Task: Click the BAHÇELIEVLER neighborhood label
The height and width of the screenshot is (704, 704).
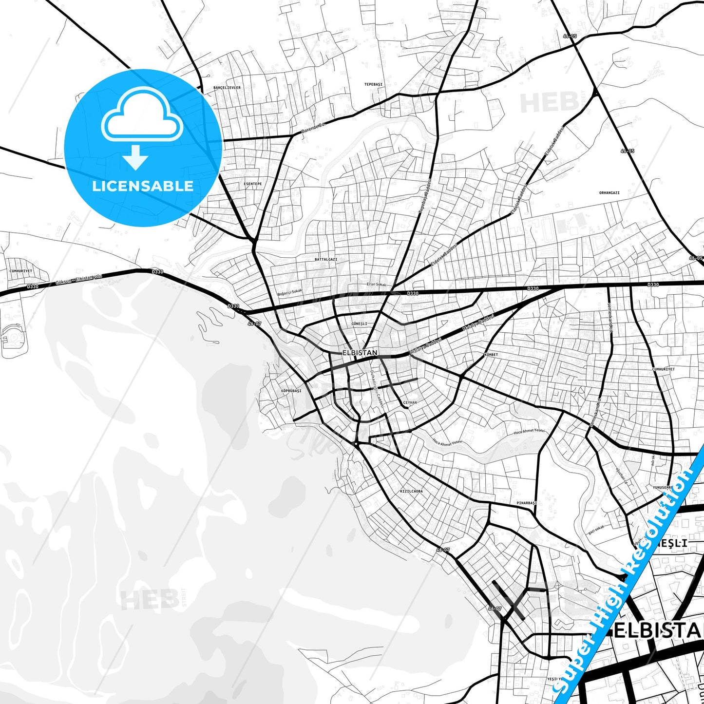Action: coord(227,88)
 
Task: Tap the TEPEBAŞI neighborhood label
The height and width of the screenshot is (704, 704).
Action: coord(373,84)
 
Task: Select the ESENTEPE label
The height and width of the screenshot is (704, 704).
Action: coord(252,184)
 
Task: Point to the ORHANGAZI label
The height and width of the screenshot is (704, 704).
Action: coord(609,193)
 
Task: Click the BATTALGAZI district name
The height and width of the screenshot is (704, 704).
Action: coord(325,260)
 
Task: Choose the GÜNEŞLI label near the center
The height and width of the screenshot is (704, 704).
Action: coord(359,323)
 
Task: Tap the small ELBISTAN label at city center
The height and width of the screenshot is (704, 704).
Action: coord(360,352)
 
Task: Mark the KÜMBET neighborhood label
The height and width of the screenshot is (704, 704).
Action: coord(491,355)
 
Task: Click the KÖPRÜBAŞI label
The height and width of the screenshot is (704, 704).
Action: coord(291,391)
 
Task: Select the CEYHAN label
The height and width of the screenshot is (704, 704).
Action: coord(410,403)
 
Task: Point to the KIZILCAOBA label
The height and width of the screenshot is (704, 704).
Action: coord(411,491)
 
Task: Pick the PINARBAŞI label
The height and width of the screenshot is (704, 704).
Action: coord(526,503)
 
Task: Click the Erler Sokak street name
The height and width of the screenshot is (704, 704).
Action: coord(376,285)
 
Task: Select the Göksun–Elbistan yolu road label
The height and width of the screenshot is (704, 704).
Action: coord(79,279)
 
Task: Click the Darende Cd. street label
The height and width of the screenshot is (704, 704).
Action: coord(313,129)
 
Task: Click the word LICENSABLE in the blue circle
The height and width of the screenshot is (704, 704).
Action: coord(143,186)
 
